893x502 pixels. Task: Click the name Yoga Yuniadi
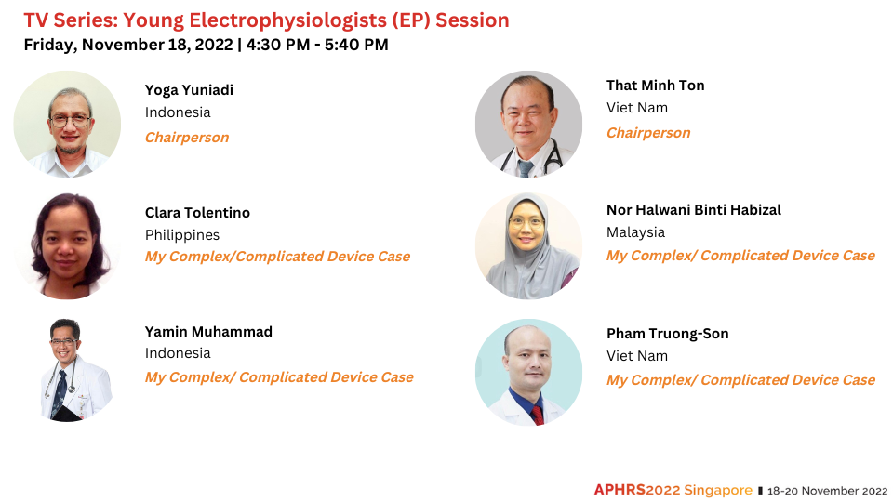point(189,90)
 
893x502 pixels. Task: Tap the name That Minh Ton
point(656,86)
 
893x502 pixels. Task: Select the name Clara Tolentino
point(197,213)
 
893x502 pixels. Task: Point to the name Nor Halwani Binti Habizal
point(694,210)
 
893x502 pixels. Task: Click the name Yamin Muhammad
point(208,332)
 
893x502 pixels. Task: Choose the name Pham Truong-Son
point(668,334)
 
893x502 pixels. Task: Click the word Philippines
point(182,235)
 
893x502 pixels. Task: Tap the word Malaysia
point(635,232)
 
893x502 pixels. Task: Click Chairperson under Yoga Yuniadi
point(187,138)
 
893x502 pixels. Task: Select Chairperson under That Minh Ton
point(648,133)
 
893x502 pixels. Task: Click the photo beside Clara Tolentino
point(67,245)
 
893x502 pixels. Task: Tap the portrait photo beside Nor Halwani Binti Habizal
point(528,245)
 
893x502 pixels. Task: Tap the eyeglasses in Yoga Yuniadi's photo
point(70,121)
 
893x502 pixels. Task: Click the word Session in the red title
point(473,20)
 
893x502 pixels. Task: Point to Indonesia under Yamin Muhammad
point(178,353)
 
